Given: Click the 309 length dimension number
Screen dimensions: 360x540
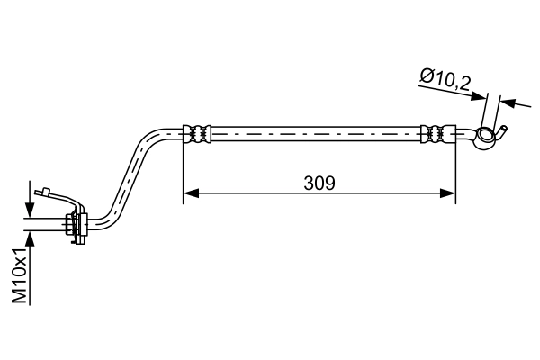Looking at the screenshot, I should click(x=319, y=183).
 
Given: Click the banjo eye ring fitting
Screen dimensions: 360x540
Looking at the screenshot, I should click(x=487, y=137).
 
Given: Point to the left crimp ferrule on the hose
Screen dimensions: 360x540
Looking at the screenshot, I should click(x=198, y=133).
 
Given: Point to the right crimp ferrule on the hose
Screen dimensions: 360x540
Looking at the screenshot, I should click(x=438, y=133).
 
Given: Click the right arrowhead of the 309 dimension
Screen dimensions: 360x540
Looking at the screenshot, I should click(x=449, y=192).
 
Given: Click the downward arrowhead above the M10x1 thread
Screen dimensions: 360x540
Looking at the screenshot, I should click(x=31, y=211).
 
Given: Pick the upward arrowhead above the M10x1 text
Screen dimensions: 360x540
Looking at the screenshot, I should click(x=31, y=237).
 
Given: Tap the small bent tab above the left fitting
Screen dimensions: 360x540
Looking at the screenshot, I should click(x=40, y=190).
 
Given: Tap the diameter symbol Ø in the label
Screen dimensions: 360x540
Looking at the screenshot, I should click(x=425, y=79).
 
